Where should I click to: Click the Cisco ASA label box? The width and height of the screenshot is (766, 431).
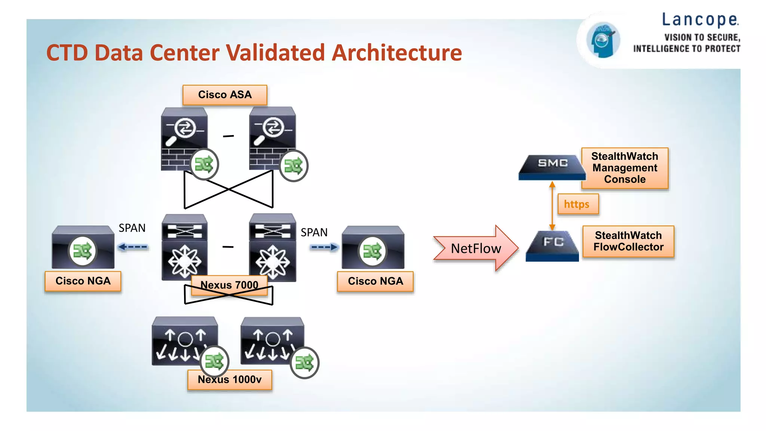click(225, 95)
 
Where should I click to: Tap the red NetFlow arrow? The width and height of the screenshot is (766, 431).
click(475, 248)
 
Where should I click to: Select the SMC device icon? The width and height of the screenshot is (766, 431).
click(552, 166)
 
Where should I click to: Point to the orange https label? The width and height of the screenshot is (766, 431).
click(577, 204)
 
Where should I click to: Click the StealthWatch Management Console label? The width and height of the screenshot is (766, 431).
click(625, 168)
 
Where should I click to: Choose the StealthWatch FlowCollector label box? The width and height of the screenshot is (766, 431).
click(628, 241)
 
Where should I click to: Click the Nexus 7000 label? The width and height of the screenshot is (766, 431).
click(229, 285)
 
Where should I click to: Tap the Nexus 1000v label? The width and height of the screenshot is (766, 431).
click(229, 380)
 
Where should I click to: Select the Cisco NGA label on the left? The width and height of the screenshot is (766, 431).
click(83, 281)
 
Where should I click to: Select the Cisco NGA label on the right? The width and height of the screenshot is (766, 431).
click(375, 281)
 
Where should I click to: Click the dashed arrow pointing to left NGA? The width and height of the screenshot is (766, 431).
click(133, 247)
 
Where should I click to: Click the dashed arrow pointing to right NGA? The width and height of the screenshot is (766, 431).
click(324, 247)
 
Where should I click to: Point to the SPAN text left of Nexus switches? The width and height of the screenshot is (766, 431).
click(132, 228)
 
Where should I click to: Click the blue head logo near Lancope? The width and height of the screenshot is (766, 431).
click(603, 40)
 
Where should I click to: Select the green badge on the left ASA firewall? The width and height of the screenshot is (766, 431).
click(204, 164)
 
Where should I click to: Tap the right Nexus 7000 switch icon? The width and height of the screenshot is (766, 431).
click(273, 247)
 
